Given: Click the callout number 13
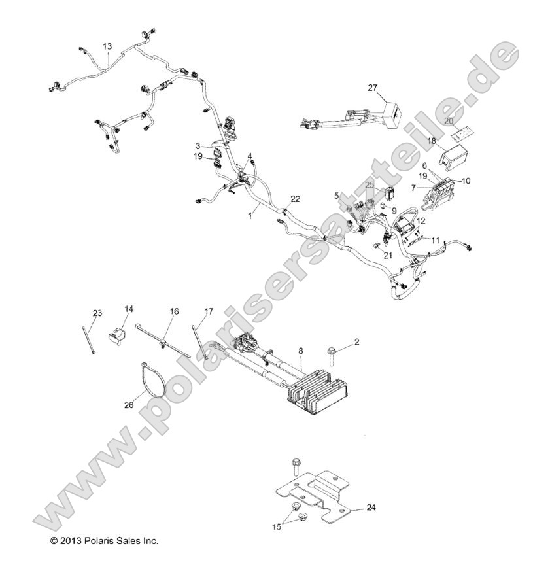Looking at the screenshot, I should (107, 46).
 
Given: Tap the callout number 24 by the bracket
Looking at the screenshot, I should (371, 507).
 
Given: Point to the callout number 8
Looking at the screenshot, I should (300, 351).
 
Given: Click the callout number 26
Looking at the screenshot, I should (129, 405).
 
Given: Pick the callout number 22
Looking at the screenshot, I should (296, 199).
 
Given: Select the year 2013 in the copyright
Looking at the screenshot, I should (69, 542).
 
